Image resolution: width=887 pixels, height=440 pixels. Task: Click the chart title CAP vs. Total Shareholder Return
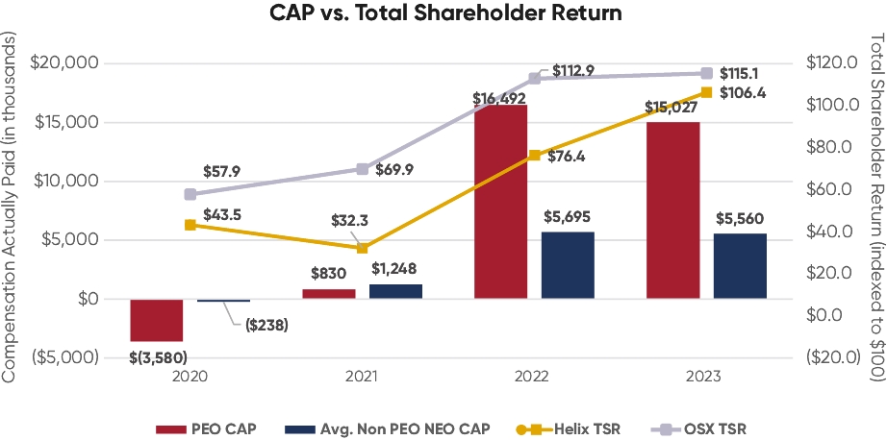coord(443,14)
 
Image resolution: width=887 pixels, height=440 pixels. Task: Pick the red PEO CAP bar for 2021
coord(328,294)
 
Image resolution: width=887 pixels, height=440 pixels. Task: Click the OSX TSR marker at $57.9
coord(190,194)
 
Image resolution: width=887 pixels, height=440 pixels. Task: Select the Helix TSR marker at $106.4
coord(706,92)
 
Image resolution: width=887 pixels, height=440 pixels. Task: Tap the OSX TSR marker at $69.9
coord(363,169)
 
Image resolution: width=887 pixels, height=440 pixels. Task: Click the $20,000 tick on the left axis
coord(66,63)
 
